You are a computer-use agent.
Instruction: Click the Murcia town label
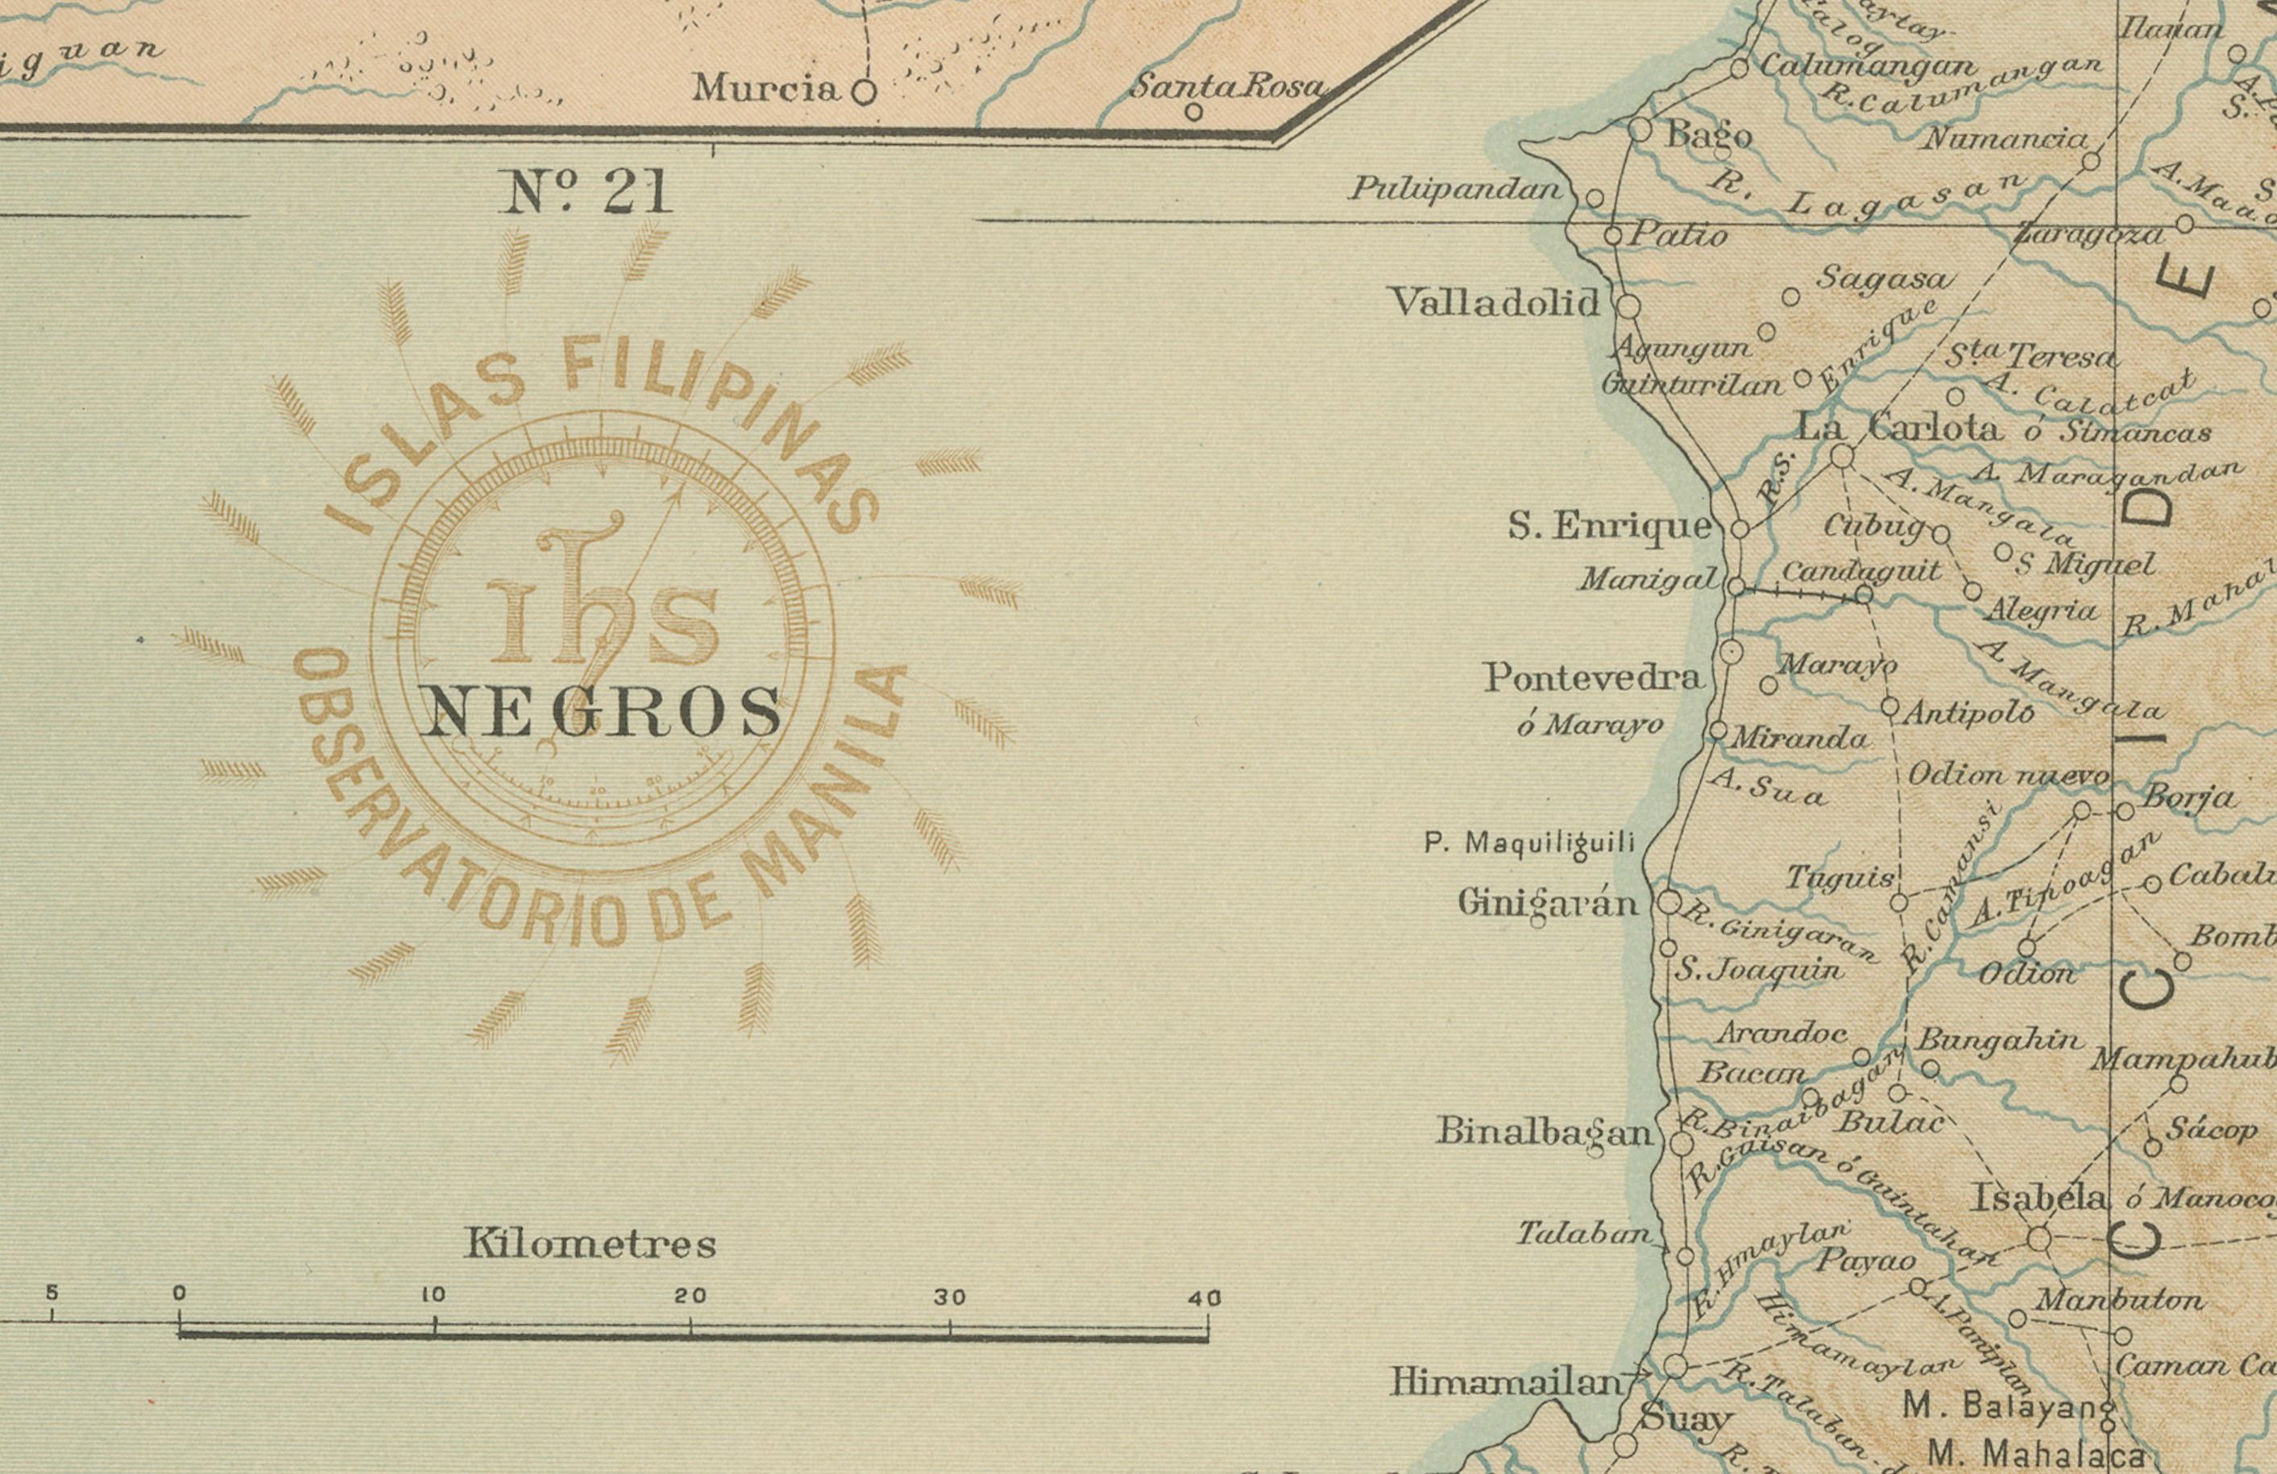pyautogui.click(x=765, y=89)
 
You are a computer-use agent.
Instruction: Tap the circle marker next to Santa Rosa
pyautogui.click(x=1193, y=112)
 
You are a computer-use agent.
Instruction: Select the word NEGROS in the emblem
pyautogui.click(x=602, y=713)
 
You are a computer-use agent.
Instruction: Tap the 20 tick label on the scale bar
pyautogui.click(x=690, y=1296)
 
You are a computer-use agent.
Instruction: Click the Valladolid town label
pyautogui.click(x=1495, y=303)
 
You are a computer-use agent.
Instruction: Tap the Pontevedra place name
pyautogui.click(x=1593, y=678)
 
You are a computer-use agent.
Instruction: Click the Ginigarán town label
pyautogui.click(x=1547, y=902)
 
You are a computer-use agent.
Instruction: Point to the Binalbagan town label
pyautogui.click(x=1544, y=1132)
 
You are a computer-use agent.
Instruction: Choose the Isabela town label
pyautogui.click(x=2042, y=1198)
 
